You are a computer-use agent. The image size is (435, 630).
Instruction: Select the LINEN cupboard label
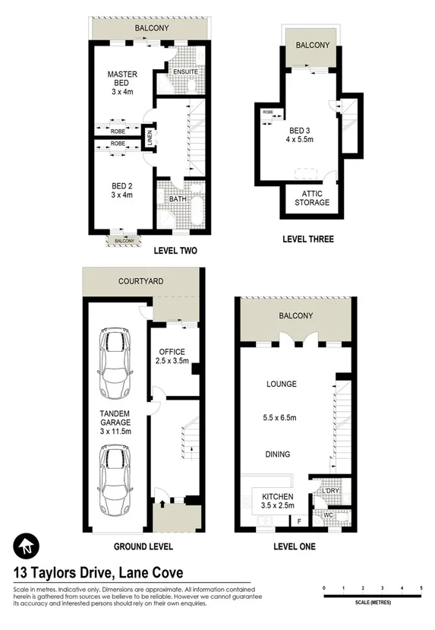click(149, 139)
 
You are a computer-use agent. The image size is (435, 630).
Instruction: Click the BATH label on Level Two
click(177, 199)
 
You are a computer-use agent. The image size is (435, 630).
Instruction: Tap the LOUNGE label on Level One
click(281, 384)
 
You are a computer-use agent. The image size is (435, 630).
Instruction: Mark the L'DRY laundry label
click(330, 492)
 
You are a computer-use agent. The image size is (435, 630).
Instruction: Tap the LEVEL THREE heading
click(307, 239)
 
